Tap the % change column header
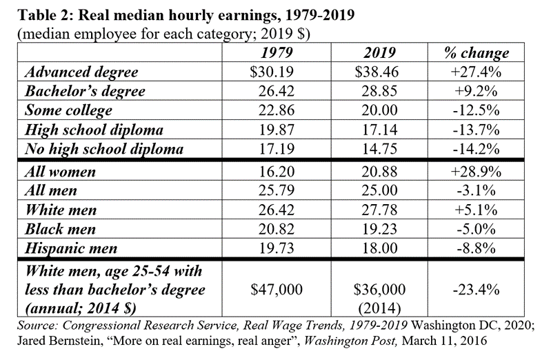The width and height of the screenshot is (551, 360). click(x=478, y=53)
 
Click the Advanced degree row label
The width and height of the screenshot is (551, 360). click(x=81, y=72)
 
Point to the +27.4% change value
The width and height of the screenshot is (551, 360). click(x=478, y=72)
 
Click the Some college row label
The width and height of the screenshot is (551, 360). click(x=68, y=110)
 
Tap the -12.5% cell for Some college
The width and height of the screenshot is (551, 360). click(x=478, y=110)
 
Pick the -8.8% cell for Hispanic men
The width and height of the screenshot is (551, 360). click(x=478, y=248)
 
